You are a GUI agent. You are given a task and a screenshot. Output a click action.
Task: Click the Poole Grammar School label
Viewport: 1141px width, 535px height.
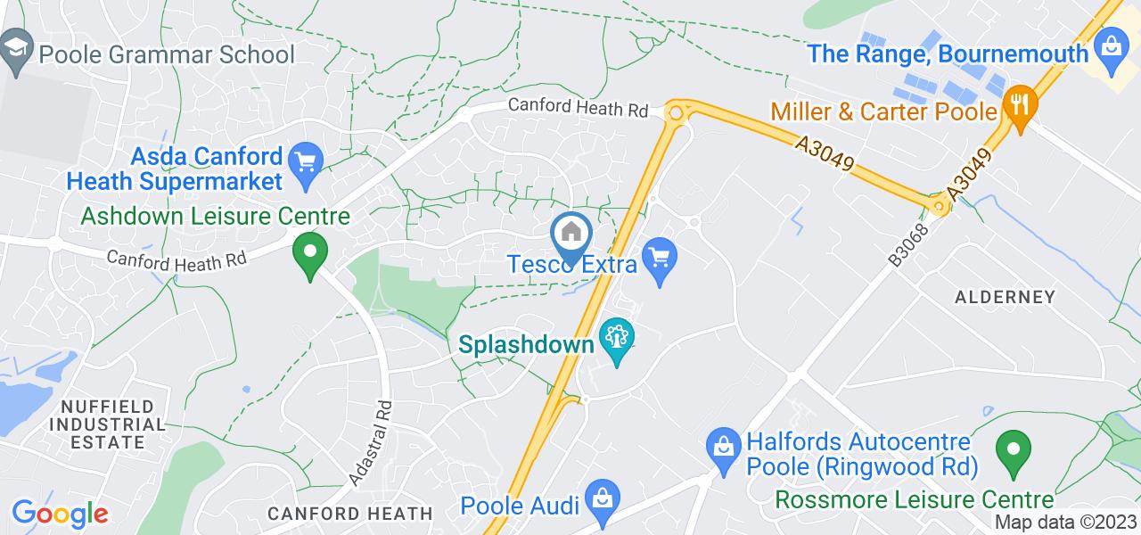[166, 53]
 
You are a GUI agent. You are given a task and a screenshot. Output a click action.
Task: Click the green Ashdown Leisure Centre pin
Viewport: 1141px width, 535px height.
[309, 253]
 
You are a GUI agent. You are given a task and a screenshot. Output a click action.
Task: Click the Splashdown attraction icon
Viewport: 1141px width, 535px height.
[615, 340]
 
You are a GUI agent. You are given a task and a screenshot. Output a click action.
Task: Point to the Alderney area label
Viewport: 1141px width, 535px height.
[1005, 297]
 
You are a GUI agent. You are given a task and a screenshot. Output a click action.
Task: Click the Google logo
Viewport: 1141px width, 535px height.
[59, 514]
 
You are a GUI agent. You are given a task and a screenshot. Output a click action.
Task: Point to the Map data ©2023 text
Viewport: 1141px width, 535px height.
[1065, 523]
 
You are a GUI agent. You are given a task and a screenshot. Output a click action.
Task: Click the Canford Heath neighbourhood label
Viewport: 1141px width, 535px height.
[350, 514]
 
